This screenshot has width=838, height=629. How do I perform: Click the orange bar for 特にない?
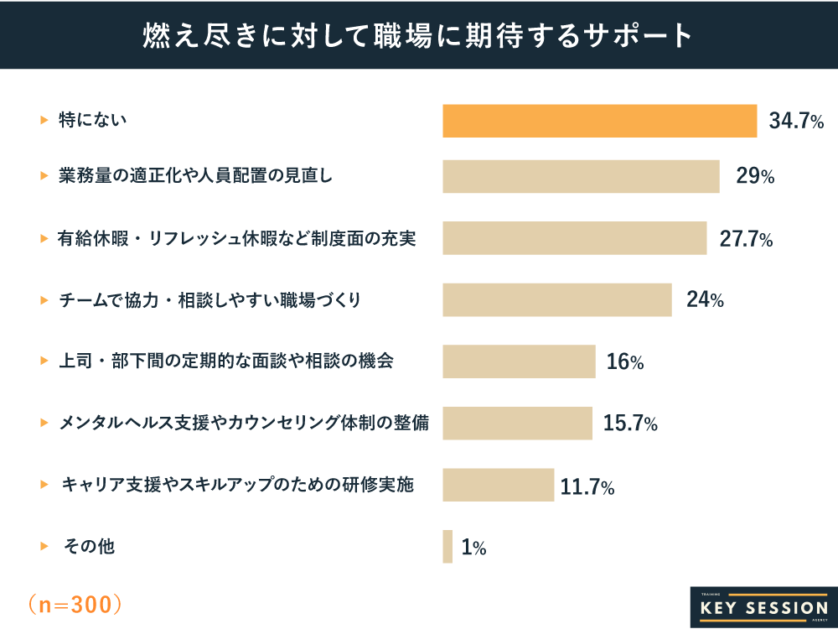coord(599,121)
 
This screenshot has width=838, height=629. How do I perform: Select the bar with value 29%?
coord(581,176)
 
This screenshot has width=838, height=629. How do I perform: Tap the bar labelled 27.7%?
coord(575,238)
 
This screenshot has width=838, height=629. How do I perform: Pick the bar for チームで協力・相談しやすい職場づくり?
coord(557,299)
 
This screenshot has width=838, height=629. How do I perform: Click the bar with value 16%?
coord(519,361)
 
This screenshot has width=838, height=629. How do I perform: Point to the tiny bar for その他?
coord(447,547)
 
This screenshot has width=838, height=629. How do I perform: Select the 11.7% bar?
coord(498,485)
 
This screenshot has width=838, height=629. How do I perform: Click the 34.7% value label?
coord(796,122)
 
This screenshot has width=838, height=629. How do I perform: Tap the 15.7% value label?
coord(630,424)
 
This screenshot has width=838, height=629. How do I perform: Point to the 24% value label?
coord(705,299)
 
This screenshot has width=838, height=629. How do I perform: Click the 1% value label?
coord(473,548)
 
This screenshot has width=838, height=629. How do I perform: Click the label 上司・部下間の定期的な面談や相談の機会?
coord(225,361)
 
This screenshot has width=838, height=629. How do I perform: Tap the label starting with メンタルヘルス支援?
coord(244,424)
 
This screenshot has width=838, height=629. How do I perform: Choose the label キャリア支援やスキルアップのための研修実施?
coord(238,485)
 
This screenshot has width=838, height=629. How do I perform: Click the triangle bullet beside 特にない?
coord(44,121)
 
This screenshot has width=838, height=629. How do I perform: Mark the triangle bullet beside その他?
coord(44,547)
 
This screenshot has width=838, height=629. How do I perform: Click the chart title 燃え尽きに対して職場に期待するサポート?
coord(418,35)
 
